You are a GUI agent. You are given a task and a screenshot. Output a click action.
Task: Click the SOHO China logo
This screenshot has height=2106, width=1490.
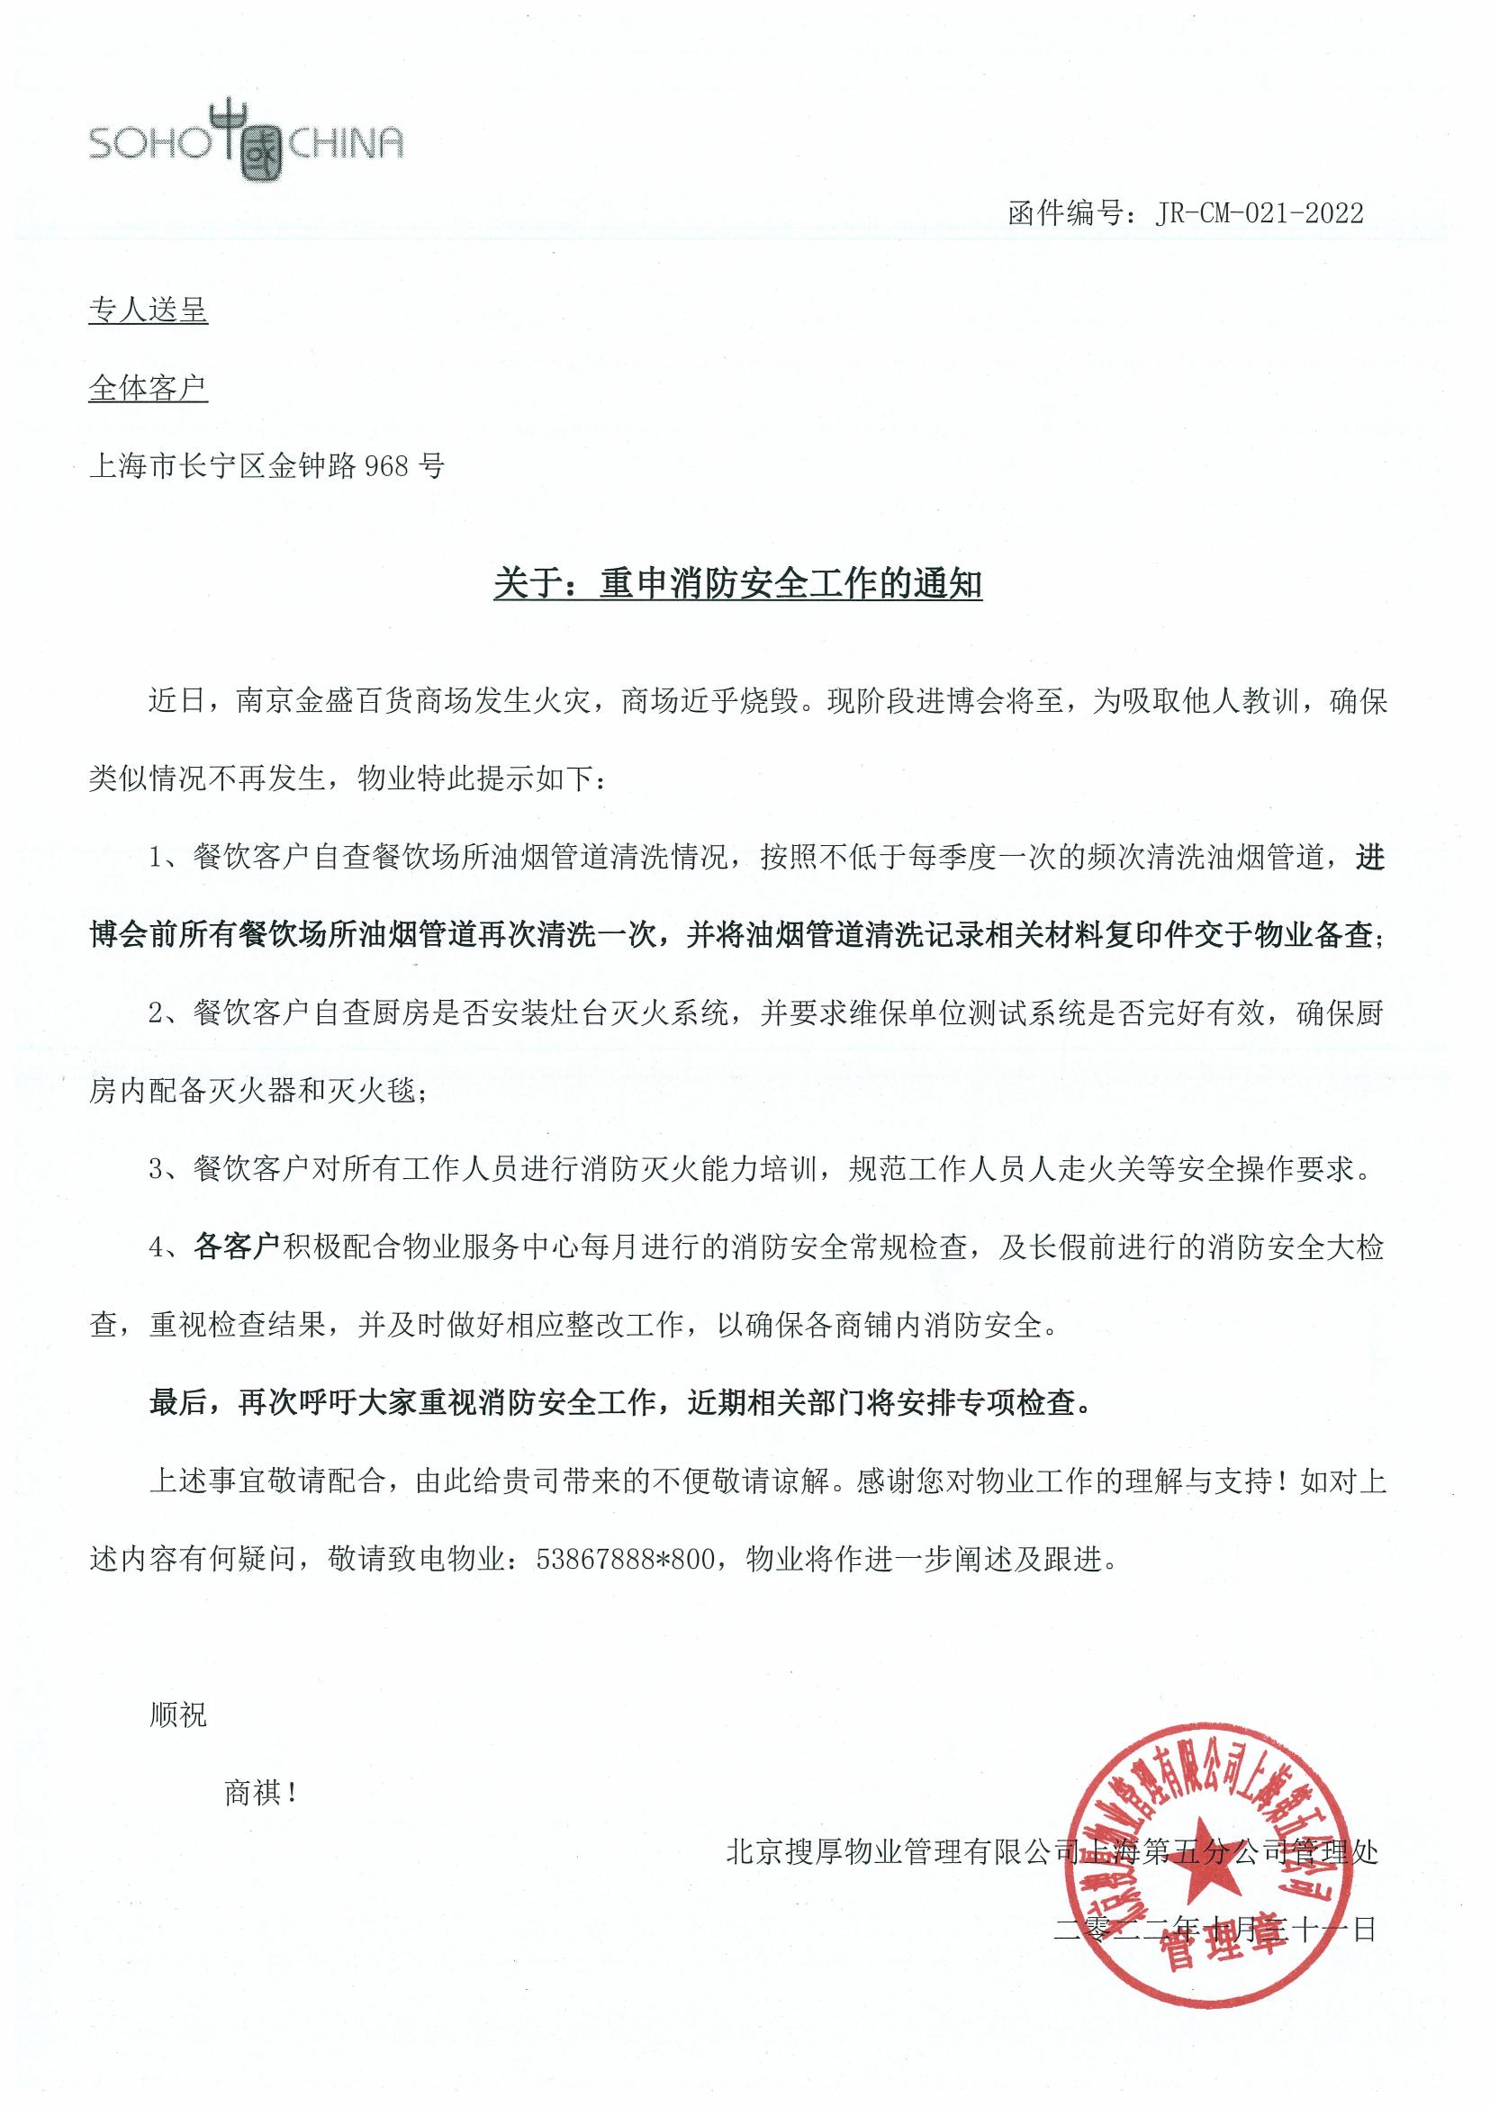[x=246, y=141]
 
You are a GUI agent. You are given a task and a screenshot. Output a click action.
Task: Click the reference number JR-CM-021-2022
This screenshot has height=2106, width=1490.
[x=1260, y=213]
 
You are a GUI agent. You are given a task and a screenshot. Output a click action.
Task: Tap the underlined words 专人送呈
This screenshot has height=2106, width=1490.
[x=148, y=310]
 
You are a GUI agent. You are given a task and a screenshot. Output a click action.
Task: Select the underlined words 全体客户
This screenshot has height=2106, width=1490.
[x=148, y=388]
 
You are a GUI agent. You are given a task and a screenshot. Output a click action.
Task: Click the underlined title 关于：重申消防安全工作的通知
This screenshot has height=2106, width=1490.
[x=737, y=583]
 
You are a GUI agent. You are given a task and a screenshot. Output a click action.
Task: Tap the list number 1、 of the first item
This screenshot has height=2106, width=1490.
[x=167, y=859]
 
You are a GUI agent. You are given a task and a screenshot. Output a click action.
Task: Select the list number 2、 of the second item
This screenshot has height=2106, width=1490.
[x=167, y=1014]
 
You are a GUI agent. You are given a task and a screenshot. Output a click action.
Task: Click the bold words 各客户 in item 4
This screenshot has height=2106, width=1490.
[x=236, y=1248]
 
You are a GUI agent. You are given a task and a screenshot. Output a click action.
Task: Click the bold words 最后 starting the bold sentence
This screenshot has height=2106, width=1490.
[x=179, y=1404]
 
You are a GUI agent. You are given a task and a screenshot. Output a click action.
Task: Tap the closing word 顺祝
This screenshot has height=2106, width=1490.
[x=178, y=1715]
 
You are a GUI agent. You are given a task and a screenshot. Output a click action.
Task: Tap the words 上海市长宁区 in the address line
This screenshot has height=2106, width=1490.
[x=177, y=467]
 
